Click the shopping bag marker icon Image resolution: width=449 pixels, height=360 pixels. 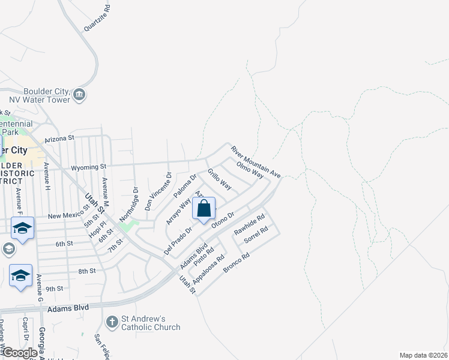(203, 209)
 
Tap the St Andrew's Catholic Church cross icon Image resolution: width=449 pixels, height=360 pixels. (111, 323)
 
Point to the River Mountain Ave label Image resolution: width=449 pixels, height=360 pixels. (256, 161)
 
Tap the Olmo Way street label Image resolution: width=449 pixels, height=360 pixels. (250, 169)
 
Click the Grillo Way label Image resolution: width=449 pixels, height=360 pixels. (219, 179)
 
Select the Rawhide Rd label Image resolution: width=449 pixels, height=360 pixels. (250, 225)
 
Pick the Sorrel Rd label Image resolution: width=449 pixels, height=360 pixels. (256, 235)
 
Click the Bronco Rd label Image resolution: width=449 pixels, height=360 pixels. (236, 263)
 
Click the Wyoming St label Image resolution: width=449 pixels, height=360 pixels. (89, 166)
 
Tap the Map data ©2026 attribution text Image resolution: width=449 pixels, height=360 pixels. (423, 355)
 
